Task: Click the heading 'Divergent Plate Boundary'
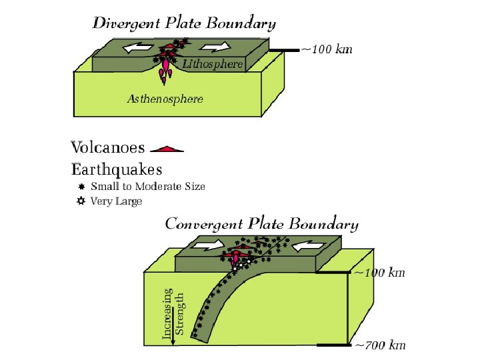click(x=183, y=24)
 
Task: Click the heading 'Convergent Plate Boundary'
click(x=261, y=224)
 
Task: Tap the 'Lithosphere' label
click(x=213, y=64)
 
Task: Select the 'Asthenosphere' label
click(x=165, y=99)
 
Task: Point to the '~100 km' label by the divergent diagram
click(x=327, y=49)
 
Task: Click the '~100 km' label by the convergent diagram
click(x=379, y=273)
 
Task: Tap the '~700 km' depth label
click(x=379, y=345)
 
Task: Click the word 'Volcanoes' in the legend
click(x=108, y=147)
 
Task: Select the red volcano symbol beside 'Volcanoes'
click(x=167, y=149)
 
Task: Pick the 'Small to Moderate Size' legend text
click(x=148, y=187)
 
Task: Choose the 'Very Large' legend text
click(x=117, y=201)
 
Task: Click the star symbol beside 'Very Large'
click(x=81, y=201)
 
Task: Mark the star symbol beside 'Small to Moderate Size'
click(x=81, y=187)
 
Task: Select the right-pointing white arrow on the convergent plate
click(x=208, y=247)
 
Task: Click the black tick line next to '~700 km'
click(x=333, y=345)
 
